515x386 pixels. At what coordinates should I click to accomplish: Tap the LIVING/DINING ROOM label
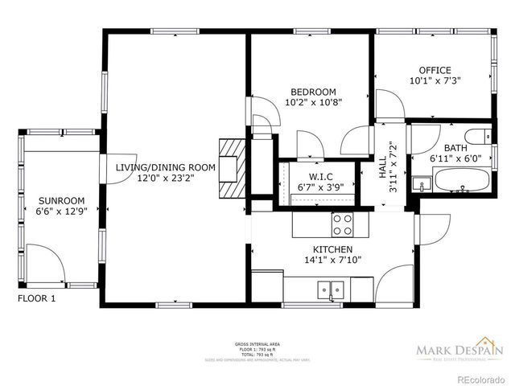pyautogui.click(x=166, y=167)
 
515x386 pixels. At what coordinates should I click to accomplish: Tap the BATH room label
pyautogui.click(x=455, y=148)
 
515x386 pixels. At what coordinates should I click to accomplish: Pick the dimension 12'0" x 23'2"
pyautogui.click(x=166, y=179)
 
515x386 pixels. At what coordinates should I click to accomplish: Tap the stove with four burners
pyautogui.click(x=343, y=221)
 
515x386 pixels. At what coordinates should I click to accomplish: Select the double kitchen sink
pyautogui.click(x=331, y=288)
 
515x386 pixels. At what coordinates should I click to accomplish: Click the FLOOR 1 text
pyautogui.click(x=37, y=298)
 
